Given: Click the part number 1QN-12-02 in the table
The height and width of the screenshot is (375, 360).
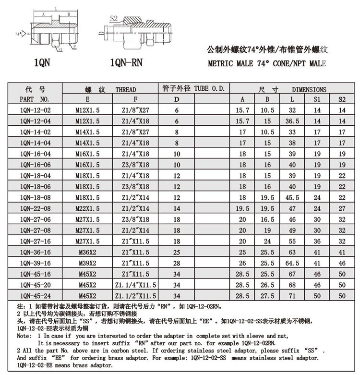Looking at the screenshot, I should click(35, 110).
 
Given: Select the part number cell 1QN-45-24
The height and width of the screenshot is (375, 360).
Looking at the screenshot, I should click(35, 296).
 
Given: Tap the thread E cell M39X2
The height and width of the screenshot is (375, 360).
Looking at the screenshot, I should click(87, 263).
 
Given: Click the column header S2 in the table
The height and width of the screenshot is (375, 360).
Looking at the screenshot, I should click(342, 99).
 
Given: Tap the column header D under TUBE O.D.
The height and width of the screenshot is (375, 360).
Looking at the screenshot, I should click(177, 99).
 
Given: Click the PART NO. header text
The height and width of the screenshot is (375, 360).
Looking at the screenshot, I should click(35, 99).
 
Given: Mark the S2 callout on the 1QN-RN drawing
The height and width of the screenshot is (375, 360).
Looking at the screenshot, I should click(114, 18).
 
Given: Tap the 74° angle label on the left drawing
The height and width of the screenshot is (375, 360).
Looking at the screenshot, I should click(18, 34).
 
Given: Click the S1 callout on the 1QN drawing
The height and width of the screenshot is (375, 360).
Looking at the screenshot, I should click(60, 49).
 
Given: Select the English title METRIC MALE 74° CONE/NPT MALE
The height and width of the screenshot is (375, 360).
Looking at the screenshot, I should click(266, 63).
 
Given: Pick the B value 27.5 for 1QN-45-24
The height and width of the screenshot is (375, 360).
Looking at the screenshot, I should click(267, 296).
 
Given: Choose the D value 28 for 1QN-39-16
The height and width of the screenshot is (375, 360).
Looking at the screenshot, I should click(177, 263).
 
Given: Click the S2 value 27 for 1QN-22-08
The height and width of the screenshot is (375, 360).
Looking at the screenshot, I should click(342, 208).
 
